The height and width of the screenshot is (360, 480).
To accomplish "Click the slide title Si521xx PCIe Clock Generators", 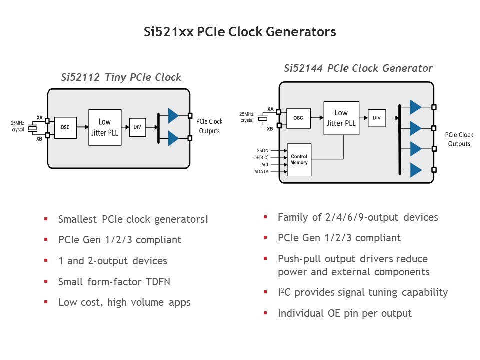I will [x=239, y=32].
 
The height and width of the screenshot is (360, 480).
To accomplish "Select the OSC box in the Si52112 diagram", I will [x=65, y=127].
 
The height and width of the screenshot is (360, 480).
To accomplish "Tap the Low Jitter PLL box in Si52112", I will [x=105, y=127].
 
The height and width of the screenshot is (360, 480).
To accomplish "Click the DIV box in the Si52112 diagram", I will [x=137, y=127].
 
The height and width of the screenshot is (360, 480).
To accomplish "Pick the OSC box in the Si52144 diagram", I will [x=298, y=118].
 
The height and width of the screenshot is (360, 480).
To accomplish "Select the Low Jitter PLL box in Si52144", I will [x=341, y=118].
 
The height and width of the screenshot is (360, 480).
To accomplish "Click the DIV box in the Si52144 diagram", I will [x=377, y=117].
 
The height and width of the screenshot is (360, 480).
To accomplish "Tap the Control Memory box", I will [x=299, y=160].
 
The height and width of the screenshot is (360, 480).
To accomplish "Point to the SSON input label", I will [x=262, y=150].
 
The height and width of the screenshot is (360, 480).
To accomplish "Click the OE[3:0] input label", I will [x=260, y=157].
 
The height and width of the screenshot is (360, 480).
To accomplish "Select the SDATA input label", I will [x=261, y=172].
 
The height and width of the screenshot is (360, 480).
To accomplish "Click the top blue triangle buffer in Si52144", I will [x=415, y=107].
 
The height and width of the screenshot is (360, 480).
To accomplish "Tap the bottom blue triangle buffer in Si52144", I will [x=415, y=170].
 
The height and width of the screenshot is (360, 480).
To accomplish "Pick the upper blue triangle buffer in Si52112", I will [x=173, y=115].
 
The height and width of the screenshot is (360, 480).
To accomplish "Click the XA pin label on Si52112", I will [x=39, y=118].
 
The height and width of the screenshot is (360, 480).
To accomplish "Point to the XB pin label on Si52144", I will [x=270, y=129].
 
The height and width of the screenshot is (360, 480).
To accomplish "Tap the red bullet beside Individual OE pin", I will [x=266, y=313].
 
